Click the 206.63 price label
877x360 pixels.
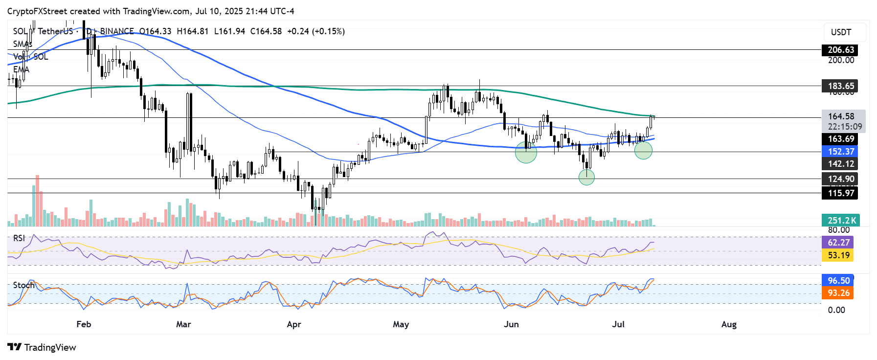pos(841,50)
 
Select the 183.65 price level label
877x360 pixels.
pos(841,86)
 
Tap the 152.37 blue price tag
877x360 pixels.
pos(841,152)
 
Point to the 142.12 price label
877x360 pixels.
pos(841,164)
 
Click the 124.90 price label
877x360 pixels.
pos(841,179)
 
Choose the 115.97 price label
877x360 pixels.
pos(841,193)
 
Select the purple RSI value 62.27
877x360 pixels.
pos(838,243)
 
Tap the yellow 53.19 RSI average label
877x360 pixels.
pos(838,255)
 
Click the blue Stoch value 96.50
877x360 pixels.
pos(838,281)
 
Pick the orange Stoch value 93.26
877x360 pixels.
pos(838,293)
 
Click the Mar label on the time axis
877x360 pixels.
pos(183,324)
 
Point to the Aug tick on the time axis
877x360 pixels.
pos(729,324)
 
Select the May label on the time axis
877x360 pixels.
pos(401,324)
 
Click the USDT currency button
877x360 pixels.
pos(841,32)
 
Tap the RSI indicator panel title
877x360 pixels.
pos(19,238)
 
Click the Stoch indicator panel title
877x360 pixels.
pos(23,285)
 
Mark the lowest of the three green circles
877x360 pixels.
pos(586,177)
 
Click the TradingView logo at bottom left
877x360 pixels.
pos(42,347)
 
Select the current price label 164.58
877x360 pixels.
pos(841,116)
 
